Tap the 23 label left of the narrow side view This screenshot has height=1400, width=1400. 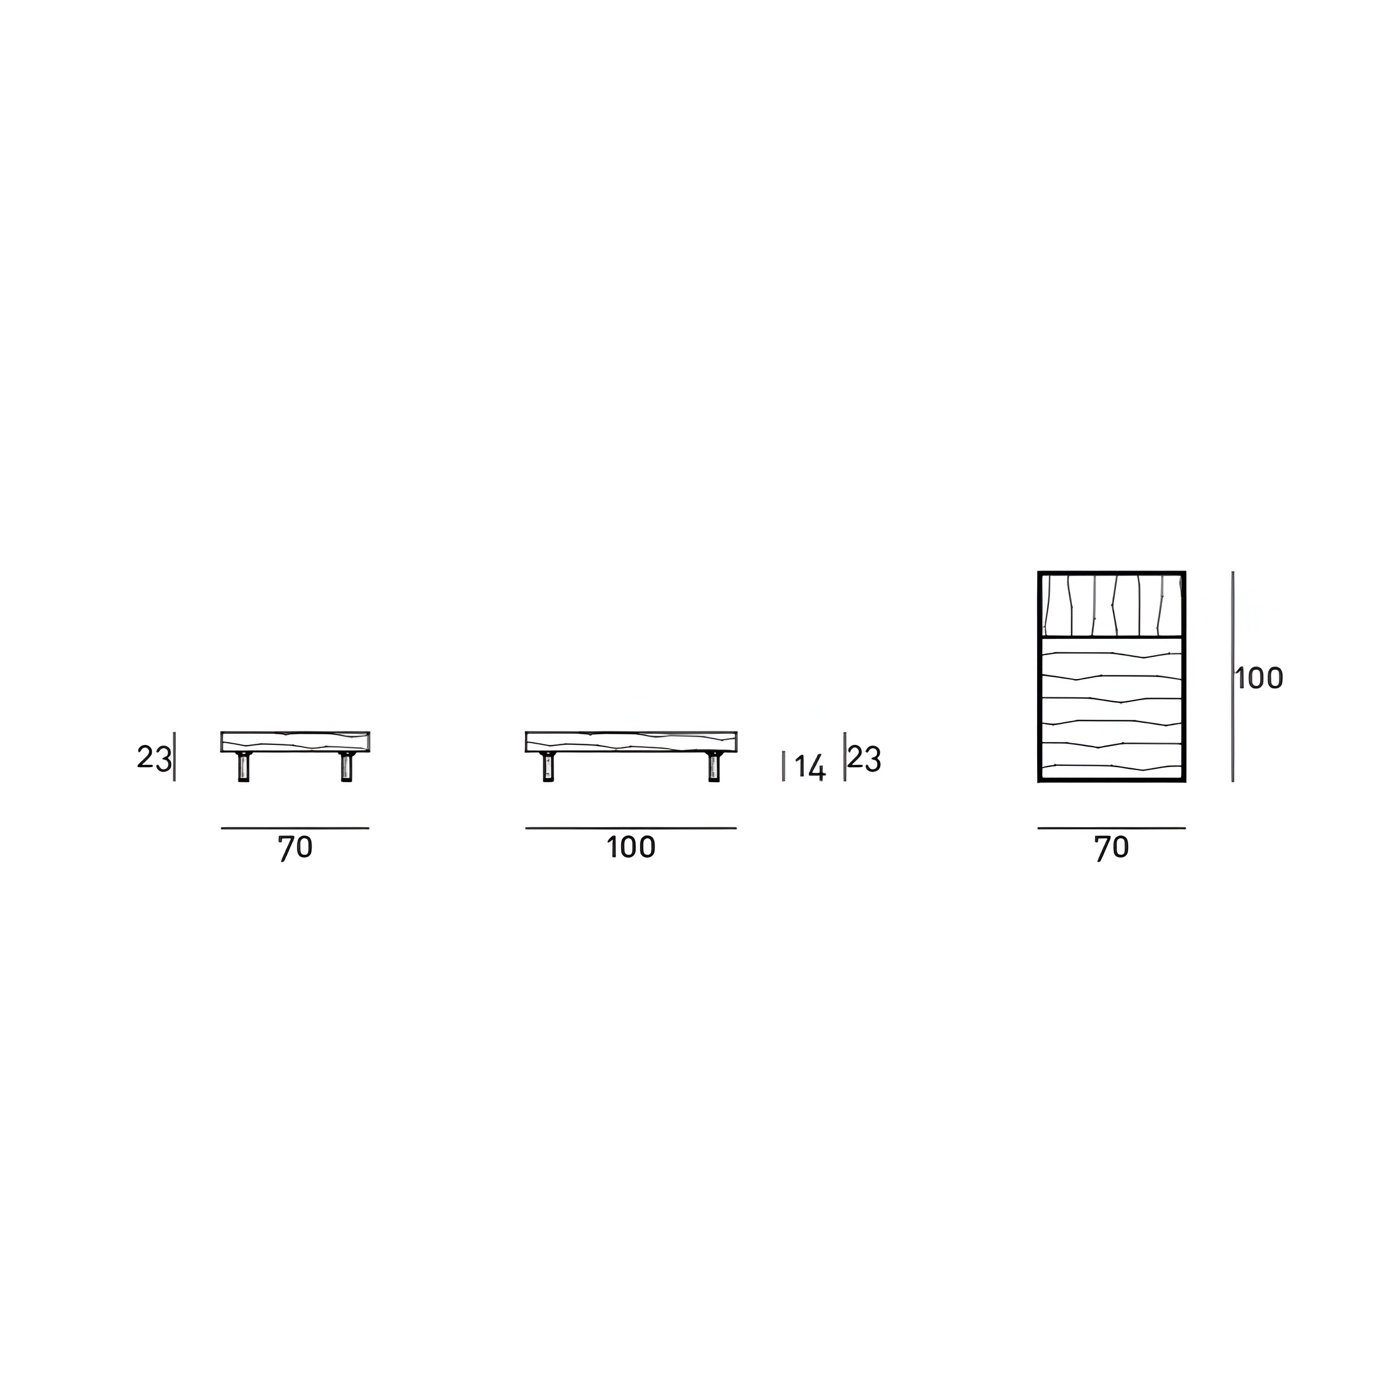[x=155, y=758]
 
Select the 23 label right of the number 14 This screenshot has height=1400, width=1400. [x=864, y=759]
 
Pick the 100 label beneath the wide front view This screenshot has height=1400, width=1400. [x=631, y=847]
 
